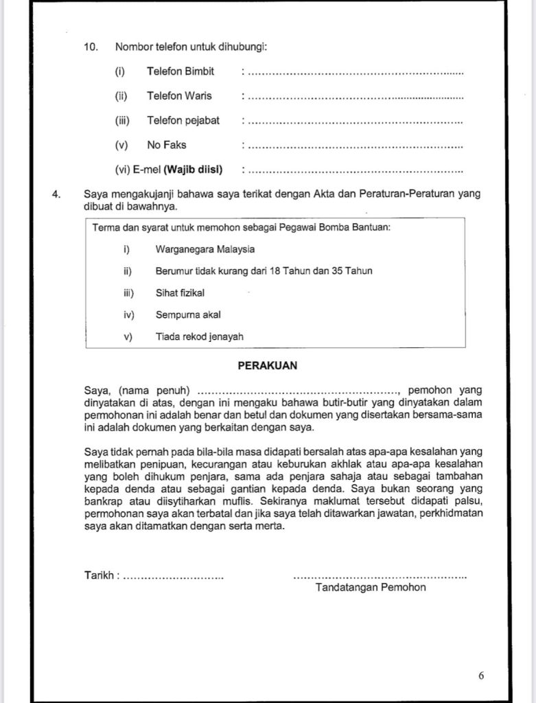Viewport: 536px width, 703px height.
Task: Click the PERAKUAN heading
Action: point(267,366)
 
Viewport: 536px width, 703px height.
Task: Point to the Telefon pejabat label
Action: point(183,120)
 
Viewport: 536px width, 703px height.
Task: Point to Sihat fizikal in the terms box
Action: point(180,292)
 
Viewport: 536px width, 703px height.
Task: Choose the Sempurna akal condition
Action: point(188,314)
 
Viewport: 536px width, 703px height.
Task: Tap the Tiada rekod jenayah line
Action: point(199,336)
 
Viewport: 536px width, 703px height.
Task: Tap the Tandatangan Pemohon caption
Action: point(371,588)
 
